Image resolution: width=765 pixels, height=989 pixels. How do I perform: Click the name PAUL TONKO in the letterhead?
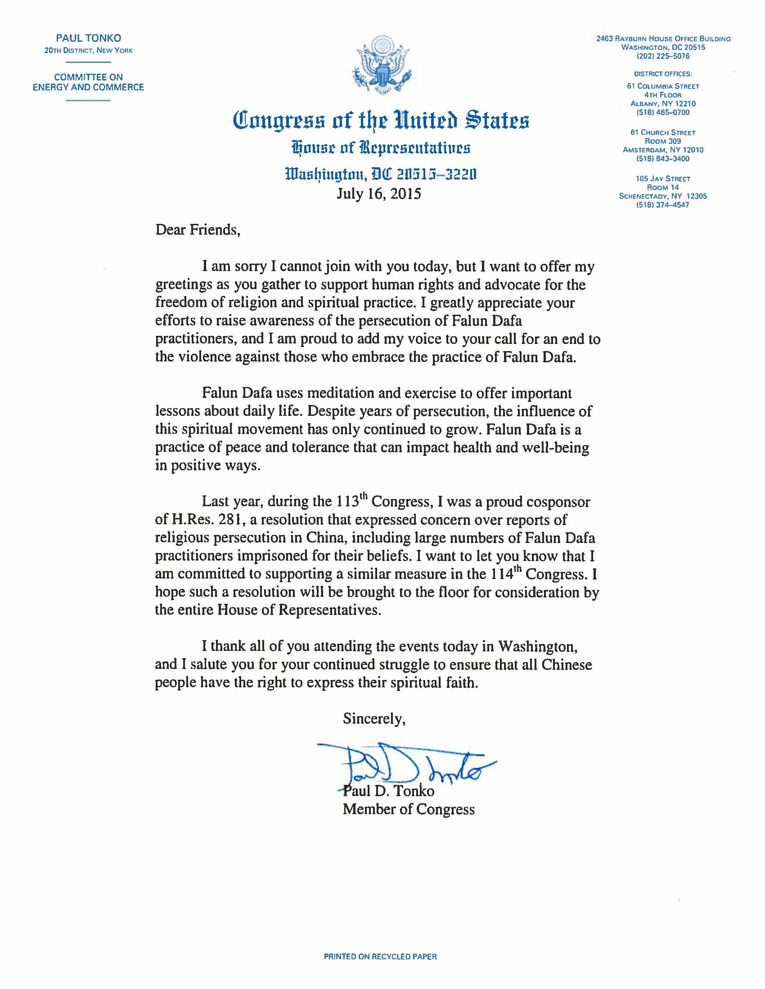[88, 39]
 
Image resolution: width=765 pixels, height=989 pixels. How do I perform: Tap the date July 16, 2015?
[378, 194]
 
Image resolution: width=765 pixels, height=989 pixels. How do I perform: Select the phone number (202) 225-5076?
[663, 56]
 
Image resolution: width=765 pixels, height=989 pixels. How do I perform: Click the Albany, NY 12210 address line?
[663, 104]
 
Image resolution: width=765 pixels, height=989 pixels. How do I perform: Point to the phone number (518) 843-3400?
[663, 159]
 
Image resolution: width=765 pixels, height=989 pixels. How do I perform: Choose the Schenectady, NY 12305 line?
[663, 196]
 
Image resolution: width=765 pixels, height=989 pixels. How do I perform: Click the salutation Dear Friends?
[198, 230]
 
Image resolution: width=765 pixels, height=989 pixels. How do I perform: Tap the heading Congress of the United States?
[381, 120]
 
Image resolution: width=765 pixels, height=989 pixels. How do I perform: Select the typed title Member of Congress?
[408, 809]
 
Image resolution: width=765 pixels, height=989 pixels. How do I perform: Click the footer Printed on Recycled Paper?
[380, 957]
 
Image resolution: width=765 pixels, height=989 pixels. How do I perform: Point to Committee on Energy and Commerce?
[88, 82]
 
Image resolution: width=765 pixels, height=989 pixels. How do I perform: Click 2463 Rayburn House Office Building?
[663, 39]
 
